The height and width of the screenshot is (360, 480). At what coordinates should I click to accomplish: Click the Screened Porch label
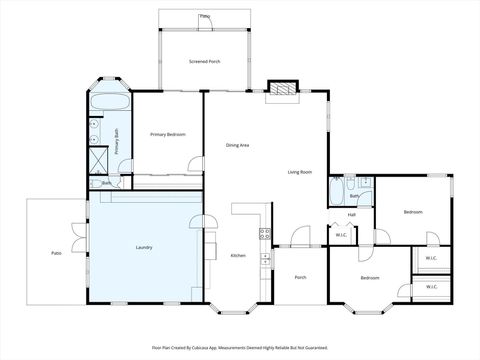point(205,62)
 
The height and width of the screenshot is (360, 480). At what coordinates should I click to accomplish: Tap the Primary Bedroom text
point(167,134)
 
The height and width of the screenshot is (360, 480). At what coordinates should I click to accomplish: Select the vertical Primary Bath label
point(117,140)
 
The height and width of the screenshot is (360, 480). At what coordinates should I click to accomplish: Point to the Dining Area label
point(237,146)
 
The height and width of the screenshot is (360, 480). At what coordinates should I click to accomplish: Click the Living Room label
point(300,172)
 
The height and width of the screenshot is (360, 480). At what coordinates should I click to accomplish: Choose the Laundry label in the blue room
point(143,246)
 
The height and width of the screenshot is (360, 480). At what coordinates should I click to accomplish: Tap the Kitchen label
point(238,255)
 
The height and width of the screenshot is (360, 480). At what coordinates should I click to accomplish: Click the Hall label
point(352,214)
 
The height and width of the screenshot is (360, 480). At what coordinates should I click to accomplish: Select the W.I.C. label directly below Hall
point(341,235)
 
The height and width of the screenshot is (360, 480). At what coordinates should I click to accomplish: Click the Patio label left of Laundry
point(56,253)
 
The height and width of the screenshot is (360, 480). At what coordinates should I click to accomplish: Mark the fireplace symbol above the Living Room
point(282,89)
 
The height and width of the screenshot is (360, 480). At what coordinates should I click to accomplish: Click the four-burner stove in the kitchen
point(265,234)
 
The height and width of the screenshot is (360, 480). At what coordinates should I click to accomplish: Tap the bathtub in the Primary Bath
point(108,103)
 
